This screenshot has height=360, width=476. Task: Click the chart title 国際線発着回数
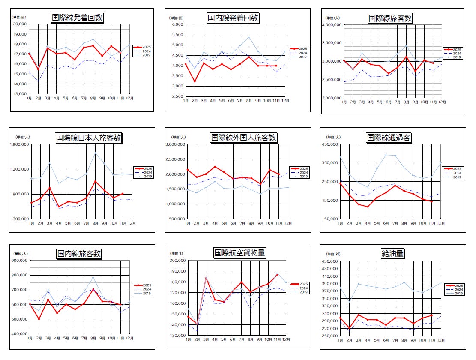[77, 18]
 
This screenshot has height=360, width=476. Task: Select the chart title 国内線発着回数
[233, 18]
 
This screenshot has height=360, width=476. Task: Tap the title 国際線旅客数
[390, 18]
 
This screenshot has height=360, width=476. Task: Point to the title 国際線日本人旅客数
[89, 138]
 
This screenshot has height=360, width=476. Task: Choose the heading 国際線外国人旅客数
[244, 138]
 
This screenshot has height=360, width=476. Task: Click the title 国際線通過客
[389, 138]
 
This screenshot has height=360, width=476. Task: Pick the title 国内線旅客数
[79, 254]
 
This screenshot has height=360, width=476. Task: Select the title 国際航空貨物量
[240, 253]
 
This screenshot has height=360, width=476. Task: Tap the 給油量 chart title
[392, 254]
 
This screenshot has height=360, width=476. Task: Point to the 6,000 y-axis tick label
[177, 24]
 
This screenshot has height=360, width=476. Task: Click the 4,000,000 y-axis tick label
[331, 25]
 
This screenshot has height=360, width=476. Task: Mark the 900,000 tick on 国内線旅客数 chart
[19, 261]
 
